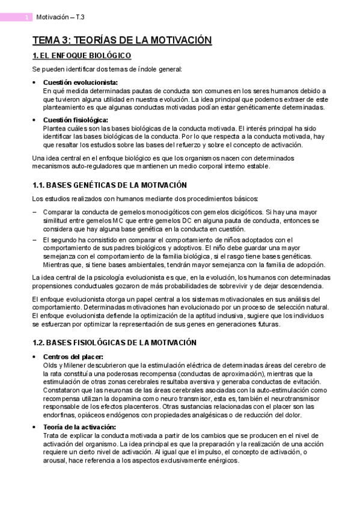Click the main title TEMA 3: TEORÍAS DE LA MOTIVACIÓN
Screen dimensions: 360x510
(122, 40)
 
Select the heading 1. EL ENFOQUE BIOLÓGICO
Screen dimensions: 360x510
(82, 56)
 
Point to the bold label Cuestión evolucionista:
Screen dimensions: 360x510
(81, 82)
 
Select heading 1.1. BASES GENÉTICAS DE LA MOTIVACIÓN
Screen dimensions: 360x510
(109, 185)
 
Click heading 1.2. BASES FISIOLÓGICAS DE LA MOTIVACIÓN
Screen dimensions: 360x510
(114, 342)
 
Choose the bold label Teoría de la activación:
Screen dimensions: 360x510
(80, 427)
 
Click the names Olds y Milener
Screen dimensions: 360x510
(66, 364)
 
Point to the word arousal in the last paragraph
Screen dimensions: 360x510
(55, 461)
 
